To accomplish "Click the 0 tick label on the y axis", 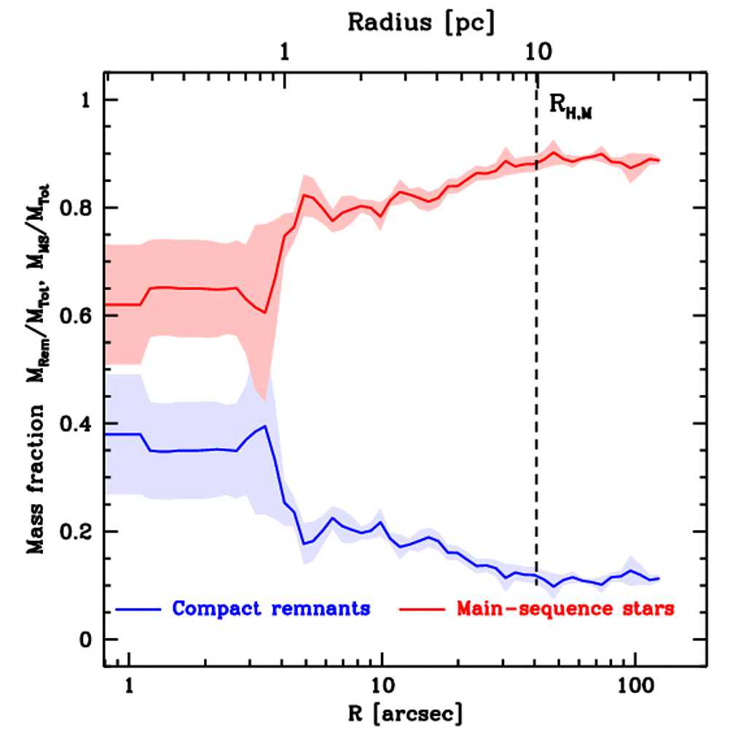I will coord(87,640).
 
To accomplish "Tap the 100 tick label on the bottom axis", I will coord(636,686).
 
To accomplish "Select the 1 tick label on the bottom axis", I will coord(129,686).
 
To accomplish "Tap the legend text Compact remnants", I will coord(271,608).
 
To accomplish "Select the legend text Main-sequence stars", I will coord(565,608).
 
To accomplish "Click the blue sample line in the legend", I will coord(138,608).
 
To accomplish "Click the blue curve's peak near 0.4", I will coord(265,426).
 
